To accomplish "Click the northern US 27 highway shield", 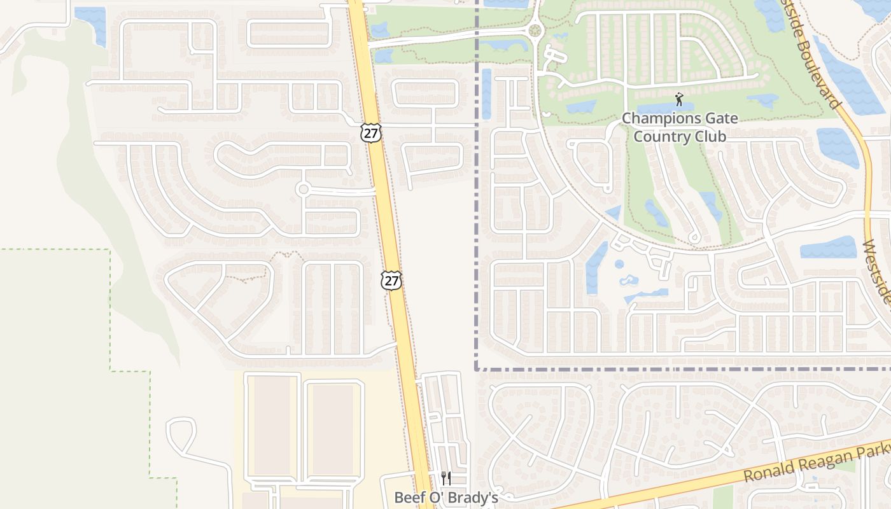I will tap(370, 132).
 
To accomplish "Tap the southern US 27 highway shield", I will tap(391, 280).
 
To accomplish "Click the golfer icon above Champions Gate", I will tap(679, 100).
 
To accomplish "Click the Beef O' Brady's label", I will tap(445, 498).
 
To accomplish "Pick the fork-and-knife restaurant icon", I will tap(446, 478).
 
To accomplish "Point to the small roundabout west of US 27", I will tap(303, 189).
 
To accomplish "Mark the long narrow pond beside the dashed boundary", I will tap(487, 94).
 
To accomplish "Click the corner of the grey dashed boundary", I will tap(476, 368).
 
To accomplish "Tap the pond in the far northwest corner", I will tap(91, 24).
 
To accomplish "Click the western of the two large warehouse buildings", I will tap(272, 426).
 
